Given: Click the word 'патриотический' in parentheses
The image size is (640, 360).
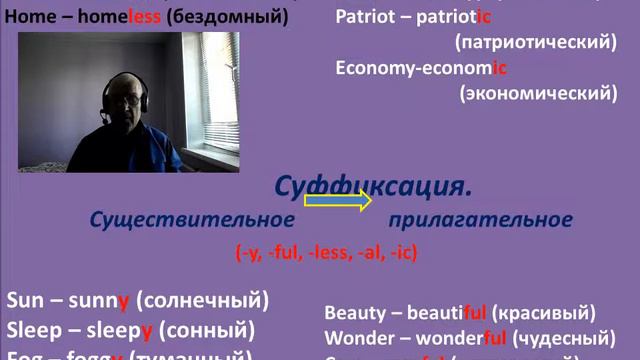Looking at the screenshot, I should coord(534,43).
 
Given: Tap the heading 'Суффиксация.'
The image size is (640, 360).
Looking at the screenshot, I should coord(372,186).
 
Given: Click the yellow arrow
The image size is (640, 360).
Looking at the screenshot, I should coord(337,201).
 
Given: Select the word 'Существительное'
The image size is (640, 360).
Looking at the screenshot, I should coord(192,220).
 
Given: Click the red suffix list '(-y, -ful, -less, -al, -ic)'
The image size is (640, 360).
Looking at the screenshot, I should coord(326,253).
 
